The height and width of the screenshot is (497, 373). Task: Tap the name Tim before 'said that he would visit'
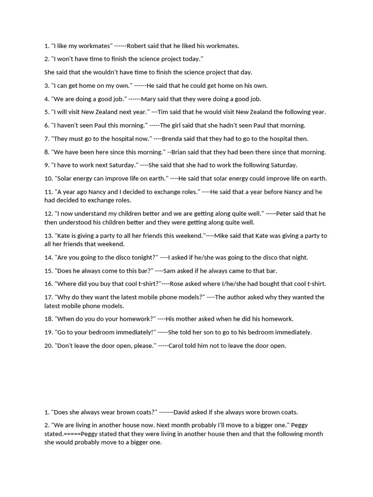click(x=164, y=112)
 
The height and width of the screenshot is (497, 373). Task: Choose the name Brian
click(x=182, y=152)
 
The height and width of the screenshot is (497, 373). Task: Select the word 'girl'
click(x=178, y=125)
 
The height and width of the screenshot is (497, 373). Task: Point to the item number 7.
click(x=47, y=139)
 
